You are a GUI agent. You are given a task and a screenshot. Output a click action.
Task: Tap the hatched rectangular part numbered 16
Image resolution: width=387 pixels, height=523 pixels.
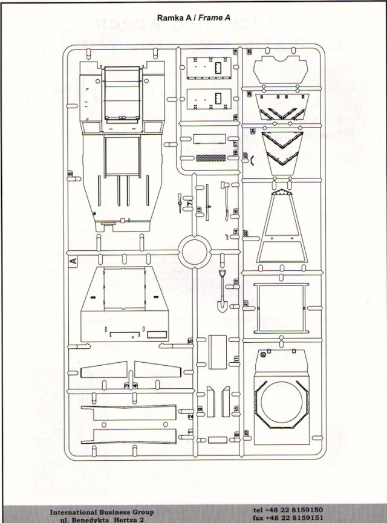(x=211, y=158)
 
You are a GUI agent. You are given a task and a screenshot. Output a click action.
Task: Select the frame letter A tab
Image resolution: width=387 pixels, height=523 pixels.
(x=73, y=261)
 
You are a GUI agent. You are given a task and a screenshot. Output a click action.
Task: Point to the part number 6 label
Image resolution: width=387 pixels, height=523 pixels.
(x=71, y=174)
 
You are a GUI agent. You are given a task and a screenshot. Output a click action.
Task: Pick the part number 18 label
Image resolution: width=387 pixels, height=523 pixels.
(x=236, y=116)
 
